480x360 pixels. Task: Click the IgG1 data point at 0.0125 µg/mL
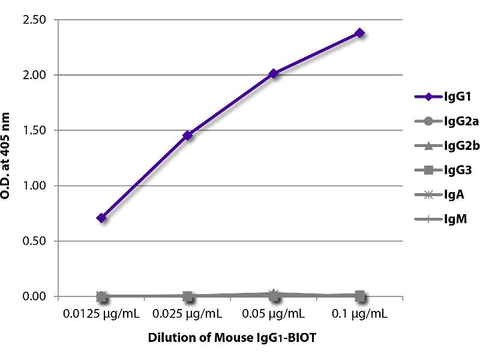coord(101,218)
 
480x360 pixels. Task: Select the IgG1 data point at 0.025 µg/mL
coord(188,135)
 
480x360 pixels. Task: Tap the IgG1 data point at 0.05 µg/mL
coord(274,73)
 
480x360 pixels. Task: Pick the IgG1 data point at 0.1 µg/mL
coord(360,32)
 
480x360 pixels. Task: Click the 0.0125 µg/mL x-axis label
coord(101,314)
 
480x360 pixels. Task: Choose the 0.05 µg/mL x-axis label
coord(274,314)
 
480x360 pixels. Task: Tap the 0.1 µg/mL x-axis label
coord(360,314)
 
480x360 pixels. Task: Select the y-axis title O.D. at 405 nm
coord(11,158)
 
